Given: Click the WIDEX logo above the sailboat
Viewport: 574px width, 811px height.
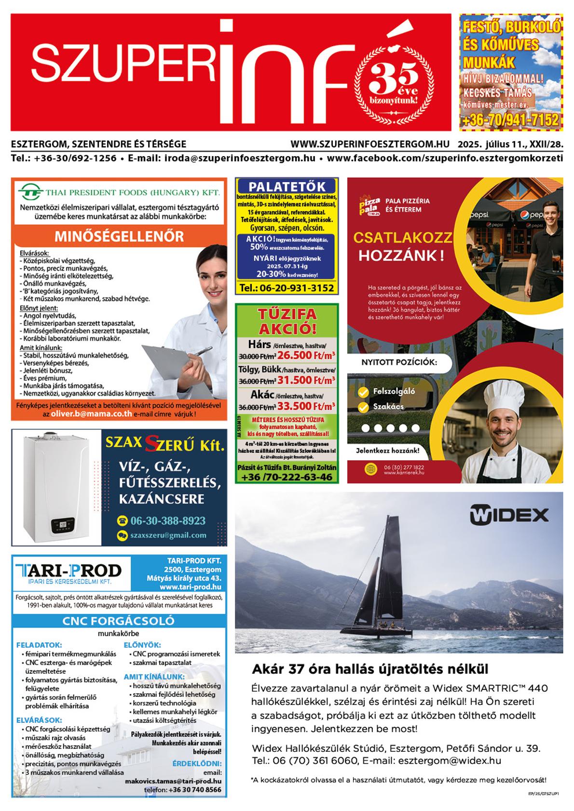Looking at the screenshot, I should point(509,515).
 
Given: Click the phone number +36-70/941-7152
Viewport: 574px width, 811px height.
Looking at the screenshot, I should point(510,120).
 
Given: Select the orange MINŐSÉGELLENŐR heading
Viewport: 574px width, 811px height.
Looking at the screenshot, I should point(119,236).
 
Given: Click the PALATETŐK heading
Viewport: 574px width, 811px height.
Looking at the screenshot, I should point(287,186).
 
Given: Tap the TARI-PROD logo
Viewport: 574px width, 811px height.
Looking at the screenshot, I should point(68,572).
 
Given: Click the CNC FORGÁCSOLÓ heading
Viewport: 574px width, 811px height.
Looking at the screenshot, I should point(118,621).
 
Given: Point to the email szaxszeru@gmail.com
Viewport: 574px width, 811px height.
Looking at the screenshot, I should point(168,535).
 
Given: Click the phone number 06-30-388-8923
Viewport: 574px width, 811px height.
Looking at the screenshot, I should point(167,520).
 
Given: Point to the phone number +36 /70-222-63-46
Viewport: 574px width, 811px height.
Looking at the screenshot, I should point(287,477).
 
